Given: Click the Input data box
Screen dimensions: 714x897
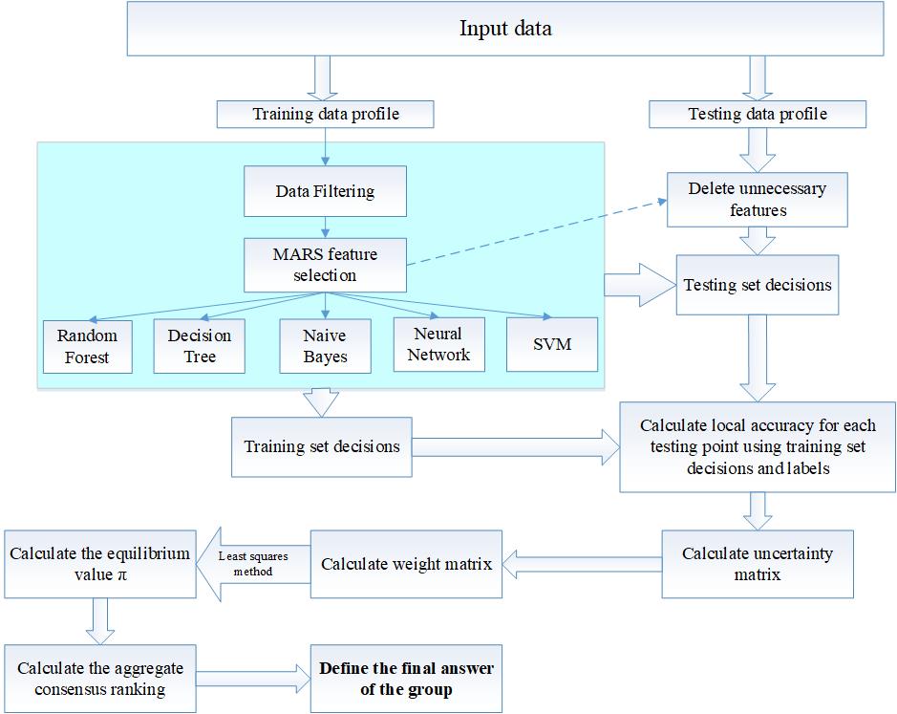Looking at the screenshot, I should (x=505, y=29).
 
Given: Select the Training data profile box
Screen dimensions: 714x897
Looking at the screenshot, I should (x=325, y=115).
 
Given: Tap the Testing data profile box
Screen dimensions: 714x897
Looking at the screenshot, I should (x=758, y=115).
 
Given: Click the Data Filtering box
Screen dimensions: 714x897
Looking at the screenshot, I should (x=325, y=191).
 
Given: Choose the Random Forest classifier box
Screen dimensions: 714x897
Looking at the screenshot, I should (x=88, y=346).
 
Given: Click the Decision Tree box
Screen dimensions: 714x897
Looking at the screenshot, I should (x=199, y=346).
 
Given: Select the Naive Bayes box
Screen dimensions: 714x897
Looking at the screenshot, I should (x=325, y=346).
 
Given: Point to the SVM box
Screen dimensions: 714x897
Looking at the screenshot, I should (x=552, y=343).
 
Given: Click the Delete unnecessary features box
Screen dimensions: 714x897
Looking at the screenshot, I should (x=757, y=200).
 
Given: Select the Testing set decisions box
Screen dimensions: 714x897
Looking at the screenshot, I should (x=758, y=285).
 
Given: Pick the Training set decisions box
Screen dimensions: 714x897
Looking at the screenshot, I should (x=322, y=446).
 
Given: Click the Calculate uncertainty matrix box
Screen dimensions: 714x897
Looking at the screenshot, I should (x=757, y=564).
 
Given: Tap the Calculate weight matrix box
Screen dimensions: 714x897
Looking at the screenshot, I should (x=406, y=564).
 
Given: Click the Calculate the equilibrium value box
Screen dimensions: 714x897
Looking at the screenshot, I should (x=99, y=564).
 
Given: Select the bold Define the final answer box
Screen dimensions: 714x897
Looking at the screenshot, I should (x=406, y=679).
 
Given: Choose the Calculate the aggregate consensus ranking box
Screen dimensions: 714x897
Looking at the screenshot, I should (x=99, y=679).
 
